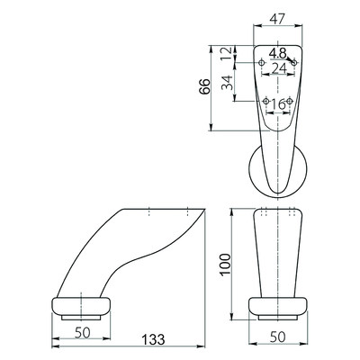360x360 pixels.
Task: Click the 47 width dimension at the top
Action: pyautogui.click(x=276, y=19)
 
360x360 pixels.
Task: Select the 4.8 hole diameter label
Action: pyautogui.click(x=278, y=53)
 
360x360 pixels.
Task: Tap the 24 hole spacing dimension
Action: pyautogui.click(x=279, y=69)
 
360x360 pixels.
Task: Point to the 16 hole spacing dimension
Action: pyautogui.click(x=278, y=104)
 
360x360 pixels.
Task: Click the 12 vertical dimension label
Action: pyautogui.click(x=227, y=54)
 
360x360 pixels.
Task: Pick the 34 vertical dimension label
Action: pyautogui.click(x=227, y=83)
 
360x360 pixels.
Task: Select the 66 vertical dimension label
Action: pyautogui.click(x=204, y=87)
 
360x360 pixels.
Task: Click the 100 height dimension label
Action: pyautogui.click(x=225, y=265)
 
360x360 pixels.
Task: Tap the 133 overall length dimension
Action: pyautogui.click(x=153, y=339)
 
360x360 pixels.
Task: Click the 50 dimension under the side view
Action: pyautogui.click(x=83, y=333)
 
